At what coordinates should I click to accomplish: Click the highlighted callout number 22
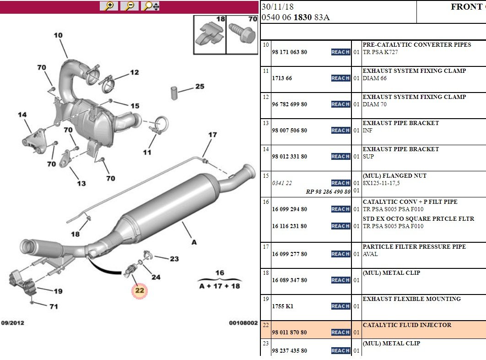(140, 290)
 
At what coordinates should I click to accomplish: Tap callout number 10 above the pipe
(58, 35)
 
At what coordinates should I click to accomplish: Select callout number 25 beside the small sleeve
(200, 86)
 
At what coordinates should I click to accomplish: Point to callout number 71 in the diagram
(54, 306)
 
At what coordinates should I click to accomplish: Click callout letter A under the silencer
(194, 242)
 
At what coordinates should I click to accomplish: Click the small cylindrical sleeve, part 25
(174, 93)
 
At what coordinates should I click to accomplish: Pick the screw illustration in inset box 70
(243, 33)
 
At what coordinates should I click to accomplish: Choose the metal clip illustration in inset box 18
(210, 33)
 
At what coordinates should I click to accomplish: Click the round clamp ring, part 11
(161, 125)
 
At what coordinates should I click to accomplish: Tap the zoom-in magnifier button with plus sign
(109, 6)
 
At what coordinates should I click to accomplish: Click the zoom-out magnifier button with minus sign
(129, 6)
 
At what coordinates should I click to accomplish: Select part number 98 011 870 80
(289, 333)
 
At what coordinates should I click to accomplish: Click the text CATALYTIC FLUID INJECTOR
(407, 325)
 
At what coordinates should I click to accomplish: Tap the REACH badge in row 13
(340, 131)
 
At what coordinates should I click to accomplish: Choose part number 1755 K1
(282, 306)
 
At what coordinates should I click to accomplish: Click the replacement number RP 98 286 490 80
(328, 192)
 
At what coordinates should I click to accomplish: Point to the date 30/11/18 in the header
(277, 6)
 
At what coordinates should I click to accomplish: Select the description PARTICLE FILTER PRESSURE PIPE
(414, 247)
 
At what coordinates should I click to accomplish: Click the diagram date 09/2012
(13, 323)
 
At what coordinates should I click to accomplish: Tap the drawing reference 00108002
(243, 323)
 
